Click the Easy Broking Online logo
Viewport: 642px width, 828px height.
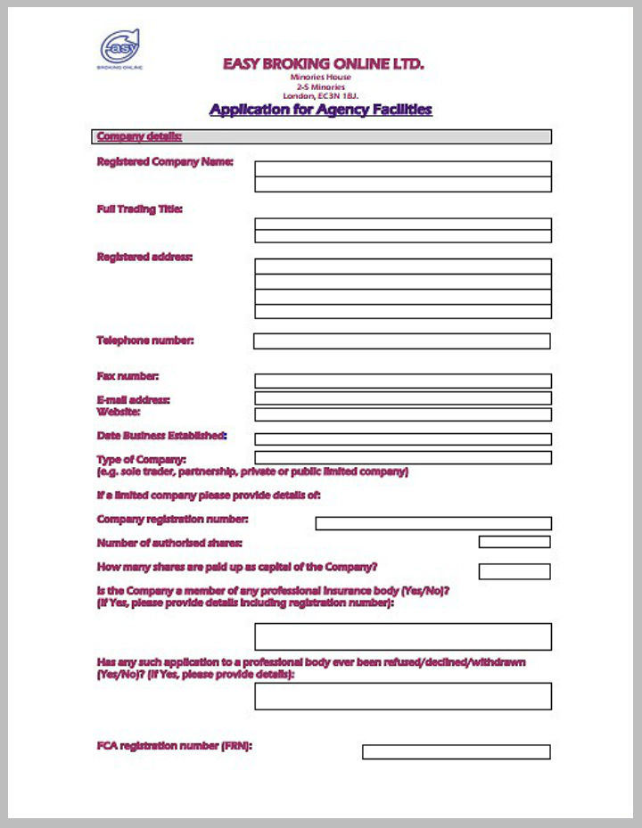(x=120, y=48)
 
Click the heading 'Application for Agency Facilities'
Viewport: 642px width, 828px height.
(x=320, y=110)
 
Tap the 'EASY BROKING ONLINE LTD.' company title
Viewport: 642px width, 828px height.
(x=323, y=64)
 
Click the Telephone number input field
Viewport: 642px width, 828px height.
(x=401, y=341)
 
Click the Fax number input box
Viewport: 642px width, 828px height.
(x=403, y=381)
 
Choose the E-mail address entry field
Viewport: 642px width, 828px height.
(x=403, y=398)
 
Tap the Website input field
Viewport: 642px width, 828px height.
(x=403, y=414)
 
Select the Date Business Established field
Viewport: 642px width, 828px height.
(x=403, y=439)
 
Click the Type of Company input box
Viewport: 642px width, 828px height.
(x=403, y=458)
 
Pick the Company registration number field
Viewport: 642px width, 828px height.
(x=433, y=523)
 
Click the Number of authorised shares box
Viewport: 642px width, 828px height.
(x=514, y=542)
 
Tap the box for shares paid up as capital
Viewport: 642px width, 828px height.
(x=514, y=571)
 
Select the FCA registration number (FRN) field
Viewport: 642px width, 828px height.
(x=456, y=752)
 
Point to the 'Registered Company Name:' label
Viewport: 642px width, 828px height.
(x=165, y=162)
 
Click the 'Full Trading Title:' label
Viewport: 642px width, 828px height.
(x=139, y=209)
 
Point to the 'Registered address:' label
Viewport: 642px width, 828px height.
(x=144, y=257)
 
